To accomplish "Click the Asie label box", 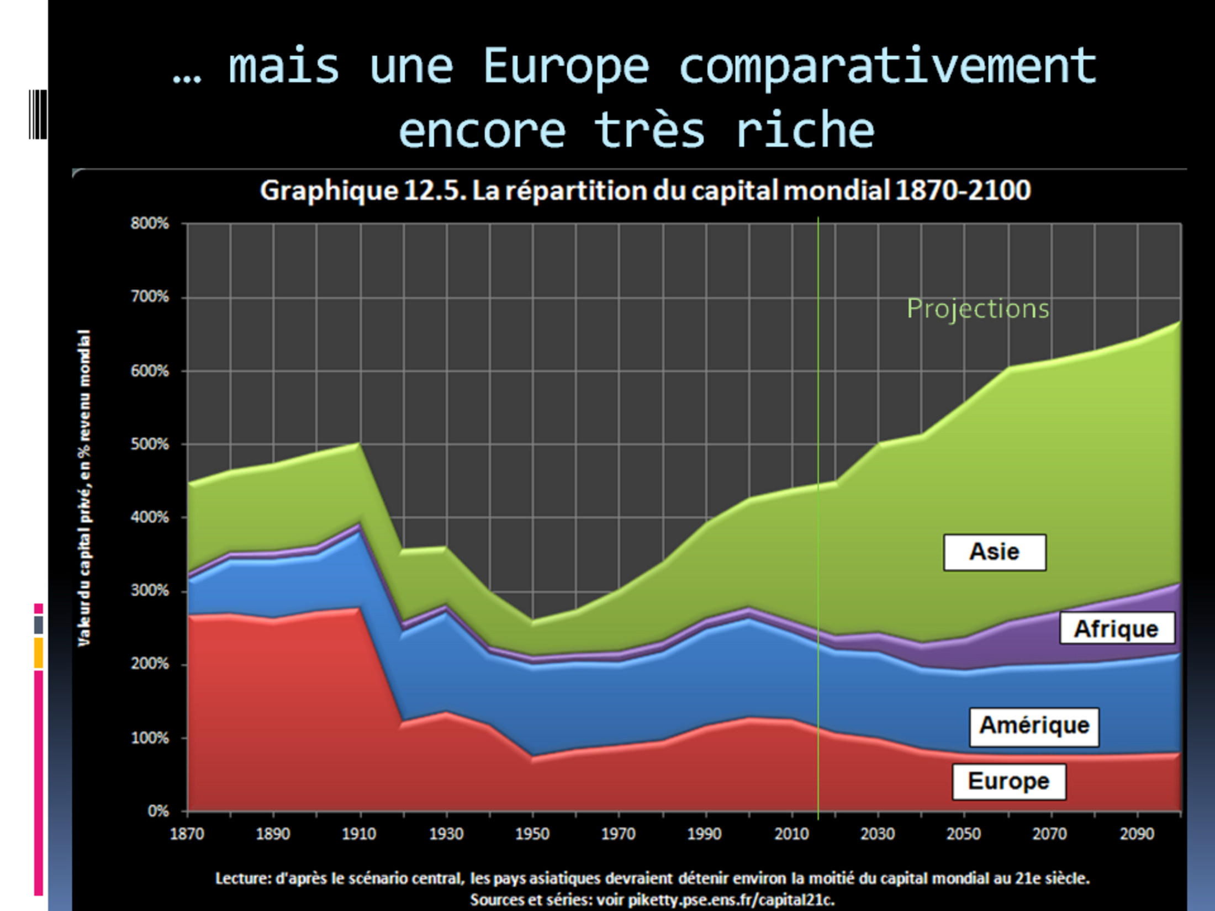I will [x=994, y=552].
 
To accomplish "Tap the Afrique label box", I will [x=1116, y=629].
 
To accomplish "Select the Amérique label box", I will [x=1034, y=725].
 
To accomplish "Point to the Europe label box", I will [x=1008, y=781].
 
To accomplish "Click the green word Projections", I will [x=978, y=309].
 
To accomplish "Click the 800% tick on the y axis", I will [x=150, y=224].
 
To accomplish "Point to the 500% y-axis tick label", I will [x=150, y=444].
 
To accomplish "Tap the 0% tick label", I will [x=158, y=811].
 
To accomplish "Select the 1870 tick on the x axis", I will [x=187, y=834].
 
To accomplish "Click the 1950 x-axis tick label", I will [x=532, y=834].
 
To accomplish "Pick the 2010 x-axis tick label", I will [x=791, y=834].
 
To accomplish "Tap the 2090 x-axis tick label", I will [x=1137, y=834].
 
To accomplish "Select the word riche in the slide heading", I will [x=805, y=131].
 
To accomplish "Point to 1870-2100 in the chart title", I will [x=963, y=190].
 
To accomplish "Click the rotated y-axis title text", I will [x=84, y=488].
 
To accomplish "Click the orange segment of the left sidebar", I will [x=39, y=653].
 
